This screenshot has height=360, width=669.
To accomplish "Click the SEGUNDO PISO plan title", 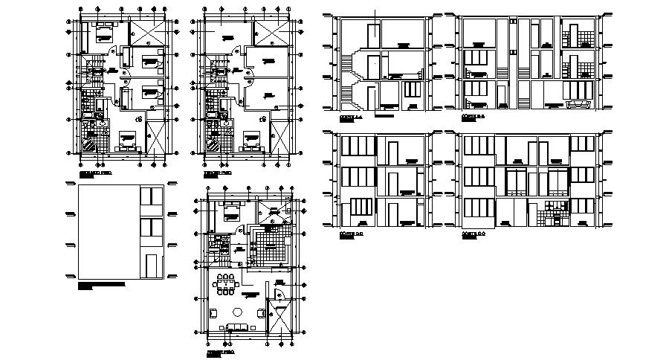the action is (95, 172).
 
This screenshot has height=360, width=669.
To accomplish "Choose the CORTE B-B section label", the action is (474, 118).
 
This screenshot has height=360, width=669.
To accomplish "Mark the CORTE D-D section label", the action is (351, 234).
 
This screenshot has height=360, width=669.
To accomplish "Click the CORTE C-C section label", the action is (474, 234).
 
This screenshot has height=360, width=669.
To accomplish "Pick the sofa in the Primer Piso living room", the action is (238, 328).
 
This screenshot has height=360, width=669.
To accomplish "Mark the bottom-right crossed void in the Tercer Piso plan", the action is (279, 138).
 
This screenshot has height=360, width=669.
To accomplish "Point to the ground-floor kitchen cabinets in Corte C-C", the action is (553, 213).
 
